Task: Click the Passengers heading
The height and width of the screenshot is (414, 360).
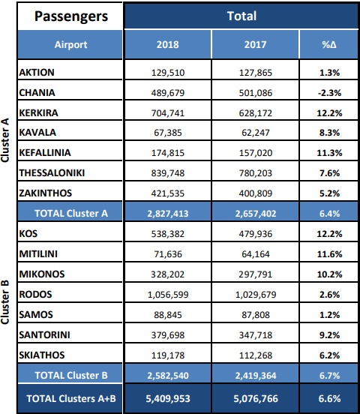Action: tap(71, 16)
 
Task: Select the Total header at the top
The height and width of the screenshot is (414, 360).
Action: tap(241, 16)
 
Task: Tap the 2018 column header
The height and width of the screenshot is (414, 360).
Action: tap(168, 44)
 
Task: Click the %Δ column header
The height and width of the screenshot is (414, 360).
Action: tap(329, 44)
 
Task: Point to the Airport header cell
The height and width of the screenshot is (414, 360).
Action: tap(70, 44)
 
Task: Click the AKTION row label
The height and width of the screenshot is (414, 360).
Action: tap(37, 72)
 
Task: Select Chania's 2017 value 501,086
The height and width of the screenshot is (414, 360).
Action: tap(256, 93)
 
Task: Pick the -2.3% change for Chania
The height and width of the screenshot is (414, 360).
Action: tap(329, 93)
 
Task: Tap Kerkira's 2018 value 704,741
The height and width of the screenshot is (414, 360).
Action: tap(168, 113)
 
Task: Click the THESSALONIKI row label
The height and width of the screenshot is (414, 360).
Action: tap(52, 173)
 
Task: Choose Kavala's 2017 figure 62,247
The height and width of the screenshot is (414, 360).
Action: tap(256, 133)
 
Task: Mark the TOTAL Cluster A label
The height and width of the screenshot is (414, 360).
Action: tap(71, 213)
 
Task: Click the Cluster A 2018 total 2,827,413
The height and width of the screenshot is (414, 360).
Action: tap(168, 214)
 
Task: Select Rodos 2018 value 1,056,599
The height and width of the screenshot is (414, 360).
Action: tap(168, 295)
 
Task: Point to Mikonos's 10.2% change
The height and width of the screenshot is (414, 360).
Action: tap(329, 274)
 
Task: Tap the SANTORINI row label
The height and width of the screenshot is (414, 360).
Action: tap(44, 334)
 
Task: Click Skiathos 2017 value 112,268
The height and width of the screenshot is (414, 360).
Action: tap(256, 355)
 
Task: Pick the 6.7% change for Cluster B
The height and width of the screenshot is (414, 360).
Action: tap(329, 376)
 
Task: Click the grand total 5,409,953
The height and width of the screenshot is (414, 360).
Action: tap(168, 399)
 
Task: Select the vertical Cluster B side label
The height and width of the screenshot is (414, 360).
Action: tap(5, 302)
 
